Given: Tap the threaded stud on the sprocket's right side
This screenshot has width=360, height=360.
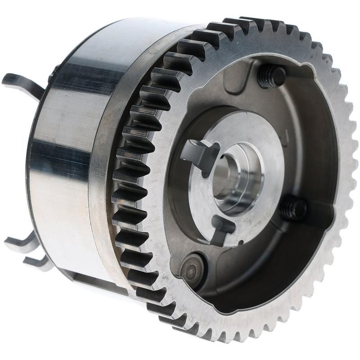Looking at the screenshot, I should (293, 208).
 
